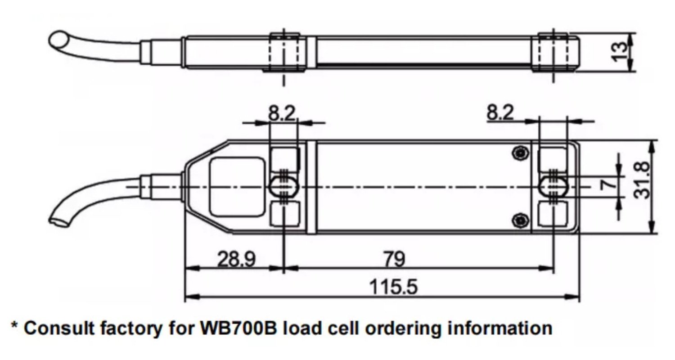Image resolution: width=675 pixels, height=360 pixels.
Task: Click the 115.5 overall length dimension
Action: coord(394,287)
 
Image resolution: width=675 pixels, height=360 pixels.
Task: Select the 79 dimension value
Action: coord(395,259)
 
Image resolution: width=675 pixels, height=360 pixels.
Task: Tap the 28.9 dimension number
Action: coord(236,259)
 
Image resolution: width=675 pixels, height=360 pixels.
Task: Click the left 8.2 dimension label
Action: coord(282,113)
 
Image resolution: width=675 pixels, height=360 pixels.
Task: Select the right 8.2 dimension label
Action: coord(500,112)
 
